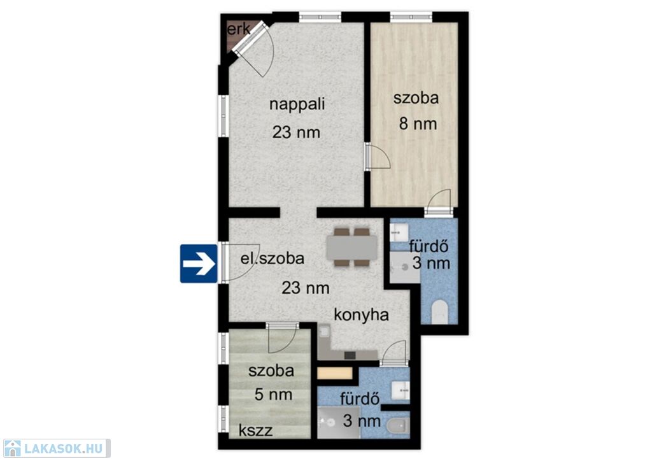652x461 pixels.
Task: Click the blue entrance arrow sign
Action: [199, 264]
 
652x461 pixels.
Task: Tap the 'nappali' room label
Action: [297, 104]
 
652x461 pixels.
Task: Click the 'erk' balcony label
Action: [239, 29]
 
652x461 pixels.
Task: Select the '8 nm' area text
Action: [418, 124]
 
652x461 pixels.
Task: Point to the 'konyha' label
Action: [362, 315]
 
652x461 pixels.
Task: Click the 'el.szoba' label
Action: [273, 259]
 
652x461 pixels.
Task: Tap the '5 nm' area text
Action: [273, 395]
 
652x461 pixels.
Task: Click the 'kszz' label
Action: [256, 430]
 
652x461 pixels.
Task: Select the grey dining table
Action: [351, 247]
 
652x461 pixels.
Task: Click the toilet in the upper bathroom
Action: [439, 312]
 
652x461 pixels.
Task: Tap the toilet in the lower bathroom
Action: [398, 426]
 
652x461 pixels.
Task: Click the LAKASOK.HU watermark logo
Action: [56, 448]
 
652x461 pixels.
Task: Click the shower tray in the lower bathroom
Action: [339, 423]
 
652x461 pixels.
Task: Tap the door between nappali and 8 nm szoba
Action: [378, 156]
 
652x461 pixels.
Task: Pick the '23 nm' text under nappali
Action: [297, 132]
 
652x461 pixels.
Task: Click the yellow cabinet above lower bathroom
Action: [335, 373]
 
